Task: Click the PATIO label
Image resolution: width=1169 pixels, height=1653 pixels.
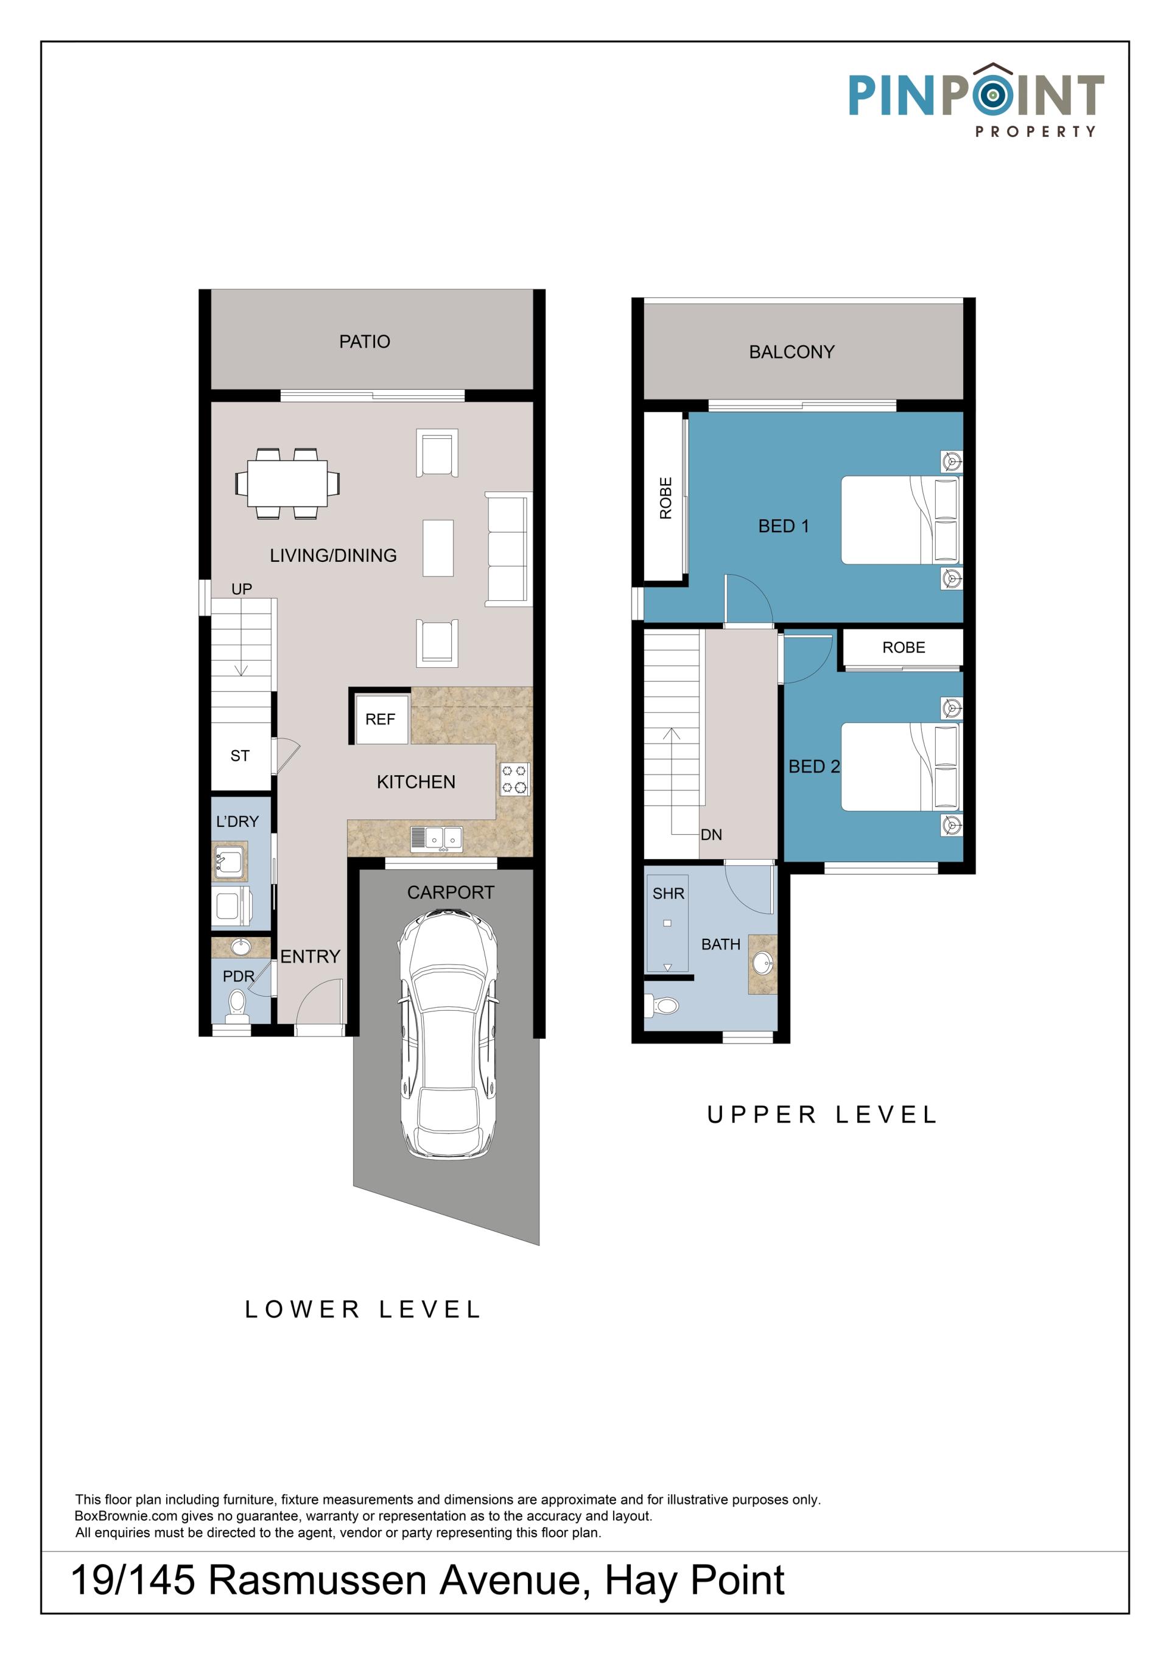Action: tap(364, 342)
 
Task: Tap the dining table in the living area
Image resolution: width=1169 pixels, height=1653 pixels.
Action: tap(287, 483)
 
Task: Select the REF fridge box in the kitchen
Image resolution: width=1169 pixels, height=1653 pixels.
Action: tap(380, 719)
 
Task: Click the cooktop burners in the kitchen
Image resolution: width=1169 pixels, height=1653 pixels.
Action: tap(514, 779)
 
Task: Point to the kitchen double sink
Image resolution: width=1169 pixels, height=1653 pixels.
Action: tap(436, 840)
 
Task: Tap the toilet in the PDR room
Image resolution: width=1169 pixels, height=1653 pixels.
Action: tap(237, 1006)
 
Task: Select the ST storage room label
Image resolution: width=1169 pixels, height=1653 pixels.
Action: tap(240, 756)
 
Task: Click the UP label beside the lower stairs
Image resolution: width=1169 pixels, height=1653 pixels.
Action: tap(242, 589)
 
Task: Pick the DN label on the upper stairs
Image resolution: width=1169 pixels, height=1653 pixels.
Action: tap(711, 835)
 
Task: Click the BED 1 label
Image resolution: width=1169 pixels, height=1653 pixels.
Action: tap(783, 526)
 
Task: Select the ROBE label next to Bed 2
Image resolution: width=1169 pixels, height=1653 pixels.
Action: tap(904, 647)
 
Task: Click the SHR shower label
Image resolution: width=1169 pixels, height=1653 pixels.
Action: tap(668, 893)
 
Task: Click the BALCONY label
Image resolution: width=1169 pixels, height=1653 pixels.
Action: tap(792, 352)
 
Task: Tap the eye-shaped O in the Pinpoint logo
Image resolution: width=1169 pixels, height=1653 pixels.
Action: tap(992, 94)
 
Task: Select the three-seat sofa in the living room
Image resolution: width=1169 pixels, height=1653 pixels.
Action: tap(508, 549)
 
